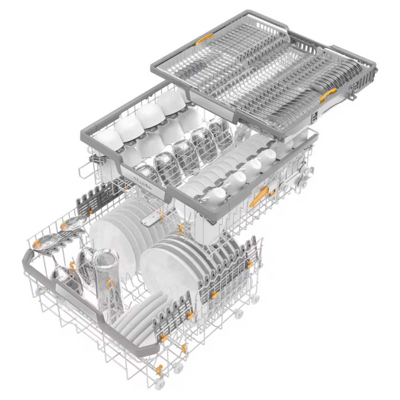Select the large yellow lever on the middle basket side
259,196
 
